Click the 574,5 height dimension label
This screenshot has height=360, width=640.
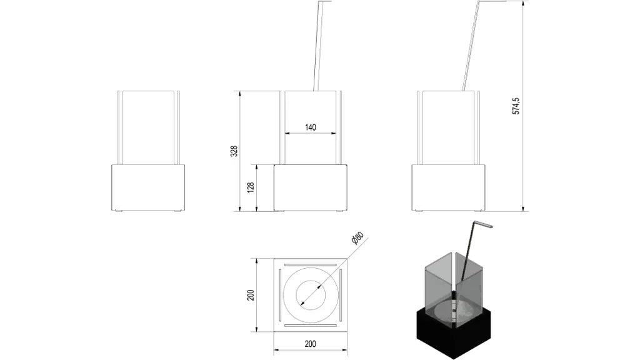pos(516,106)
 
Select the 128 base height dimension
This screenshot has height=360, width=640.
pos(251,187)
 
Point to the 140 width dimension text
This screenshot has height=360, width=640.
pos(311,127)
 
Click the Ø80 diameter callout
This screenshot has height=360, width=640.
pos(357,239)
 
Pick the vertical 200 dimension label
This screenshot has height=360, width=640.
pos(250,294)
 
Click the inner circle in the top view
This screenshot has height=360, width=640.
pos(311,294)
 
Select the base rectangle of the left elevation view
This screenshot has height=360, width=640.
pos(148,187)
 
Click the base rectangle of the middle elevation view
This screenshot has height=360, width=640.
pos(311,187)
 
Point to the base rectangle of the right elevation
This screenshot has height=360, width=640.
pos(449,187)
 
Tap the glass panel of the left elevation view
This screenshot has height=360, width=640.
pos(148,127)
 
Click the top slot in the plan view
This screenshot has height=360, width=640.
pos(311,262)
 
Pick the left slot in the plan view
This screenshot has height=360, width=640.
pos(280,294)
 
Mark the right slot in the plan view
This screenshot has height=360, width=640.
pos(341,294)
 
